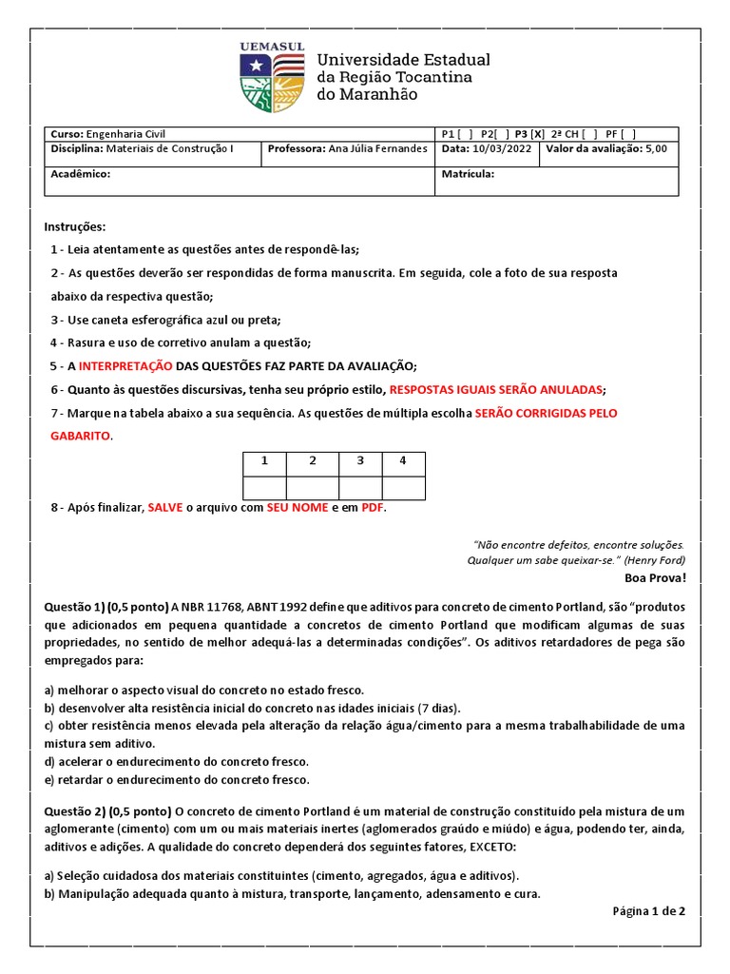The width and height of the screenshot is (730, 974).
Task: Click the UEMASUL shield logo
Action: [271, 77]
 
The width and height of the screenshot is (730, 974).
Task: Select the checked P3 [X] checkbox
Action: [530, 134]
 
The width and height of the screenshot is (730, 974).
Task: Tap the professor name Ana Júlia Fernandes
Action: [372, 149]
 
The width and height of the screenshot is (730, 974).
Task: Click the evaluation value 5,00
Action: [656, 149]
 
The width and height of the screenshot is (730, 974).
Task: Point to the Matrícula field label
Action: [468, 174]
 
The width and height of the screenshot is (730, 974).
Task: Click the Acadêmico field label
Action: [81, 174]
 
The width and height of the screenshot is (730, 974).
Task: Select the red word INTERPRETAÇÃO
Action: [125, 366]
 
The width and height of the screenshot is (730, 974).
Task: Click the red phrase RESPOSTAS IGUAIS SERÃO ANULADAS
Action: [496, 390]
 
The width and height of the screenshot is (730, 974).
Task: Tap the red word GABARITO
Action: [80, 436]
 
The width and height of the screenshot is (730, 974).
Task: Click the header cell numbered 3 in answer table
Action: [360, 461]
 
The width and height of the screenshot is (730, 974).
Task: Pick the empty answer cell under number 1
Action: [266, 487]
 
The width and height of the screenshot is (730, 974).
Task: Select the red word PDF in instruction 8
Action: [373, 508]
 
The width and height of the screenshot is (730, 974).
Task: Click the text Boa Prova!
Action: [654, 577]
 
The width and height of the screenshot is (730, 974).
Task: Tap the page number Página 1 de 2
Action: [649, 910]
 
